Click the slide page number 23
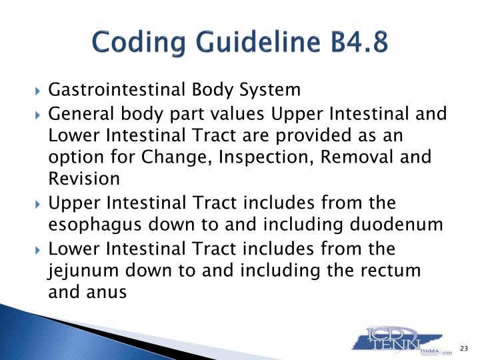pos(465,347)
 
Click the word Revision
pos(85,179)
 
